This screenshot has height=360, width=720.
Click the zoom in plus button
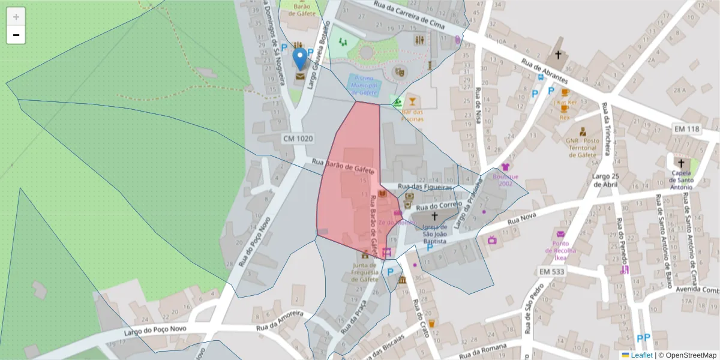tap(16, 16)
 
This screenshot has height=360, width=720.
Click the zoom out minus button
tap(16, 35)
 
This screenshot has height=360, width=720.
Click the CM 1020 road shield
tap(298, 139)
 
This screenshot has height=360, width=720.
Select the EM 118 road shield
tap(687, 129)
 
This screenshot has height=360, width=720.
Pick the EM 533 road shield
tap(552, 271)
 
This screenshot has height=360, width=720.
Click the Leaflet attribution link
tap(641, 355)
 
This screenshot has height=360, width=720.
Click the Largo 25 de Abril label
tap(605, 180)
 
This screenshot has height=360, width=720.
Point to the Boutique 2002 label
tap(505, 180)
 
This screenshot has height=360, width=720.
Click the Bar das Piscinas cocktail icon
tap(412, 100)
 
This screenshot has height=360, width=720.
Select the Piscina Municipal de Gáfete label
tap(364, 86)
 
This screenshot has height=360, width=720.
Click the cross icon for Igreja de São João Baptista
tap(435, 216)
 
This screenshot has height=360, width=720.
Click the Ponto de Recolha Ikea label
tap(561, 250)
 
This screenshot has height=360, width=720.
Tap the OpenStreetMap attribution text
tap(687, 355)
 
